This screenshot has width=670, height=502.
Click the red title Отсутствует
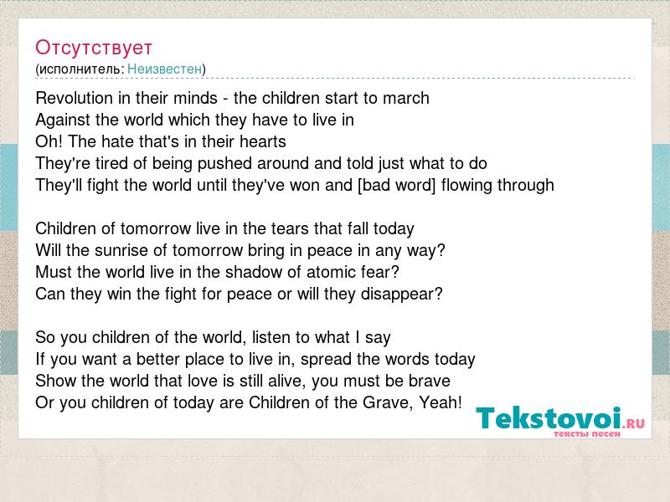94,48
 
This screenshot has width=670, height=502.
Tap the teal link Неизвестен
164,69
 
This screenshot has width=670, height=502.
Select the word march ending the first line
406,98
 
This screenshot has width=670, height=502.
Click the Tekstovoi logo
560,421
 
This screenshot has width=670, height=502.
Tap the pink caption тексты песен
587,434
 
